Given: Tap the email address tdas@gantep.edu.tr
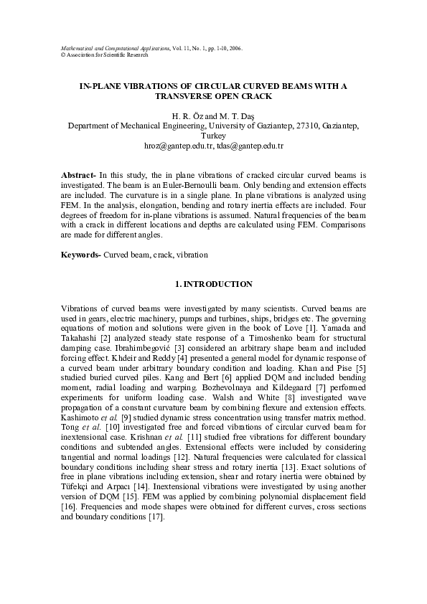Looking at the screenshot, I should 250,146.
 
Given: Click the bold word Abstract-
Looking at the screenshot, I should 78,175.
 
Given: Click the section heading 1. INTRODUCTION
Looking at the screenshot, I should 213,285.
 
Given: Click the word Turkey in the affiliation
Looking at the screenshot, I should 213,136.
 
